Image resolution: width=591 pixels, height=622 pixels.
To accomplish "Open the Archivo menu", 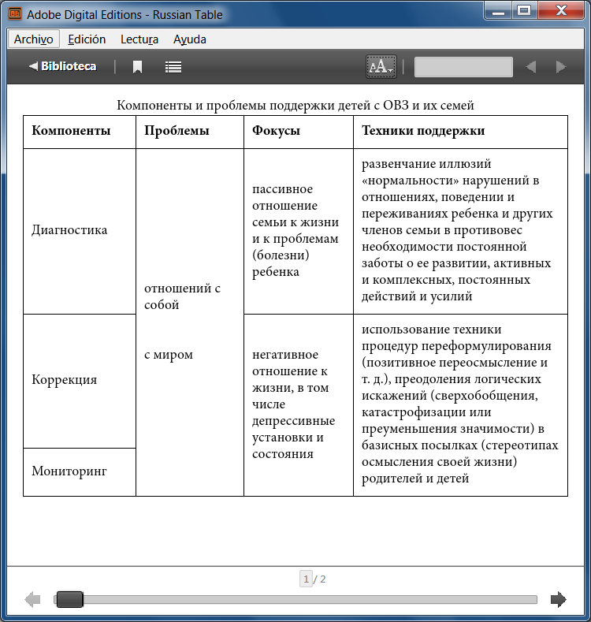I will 34,39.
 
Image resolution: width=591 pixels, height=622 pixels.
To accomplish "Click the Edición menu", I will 87,39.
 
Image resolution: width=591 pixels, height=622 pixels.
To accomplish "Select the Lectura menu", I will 139,39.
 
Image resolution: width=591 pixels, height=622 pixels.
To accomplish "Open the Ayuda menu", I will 189,39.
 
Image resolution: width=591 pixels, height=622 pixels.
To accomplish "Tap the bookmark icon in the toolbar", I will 137,67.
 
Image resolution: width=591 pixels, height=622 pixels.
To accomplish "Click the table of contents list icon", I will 173,67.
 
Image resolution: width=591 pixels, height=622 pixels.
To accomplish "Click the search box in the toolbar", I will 463,67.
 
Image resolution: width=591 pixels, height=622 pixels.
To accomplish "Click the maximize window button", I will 522,11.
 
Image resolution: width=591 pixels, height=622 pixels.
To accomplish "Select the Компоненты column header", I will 71,131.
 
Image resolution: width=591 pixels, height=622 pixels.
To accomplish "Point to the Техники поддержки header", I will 423,131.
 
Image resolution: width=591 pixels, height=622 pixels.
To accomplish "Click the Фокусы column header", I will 276,131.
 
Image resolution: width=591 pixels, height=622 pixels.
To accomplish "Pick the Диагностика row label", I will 69,230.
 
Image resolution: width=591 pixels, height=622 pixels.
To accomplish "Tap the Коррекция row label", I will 65,379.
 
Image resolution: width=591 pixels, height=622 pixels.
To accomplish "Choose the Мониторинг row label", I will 69,471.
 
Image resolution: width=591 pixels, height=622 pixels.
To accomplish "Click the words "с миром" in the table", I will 169,355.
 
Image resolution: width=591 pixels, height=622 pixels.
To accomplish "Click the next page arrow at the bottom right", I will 558,600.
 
